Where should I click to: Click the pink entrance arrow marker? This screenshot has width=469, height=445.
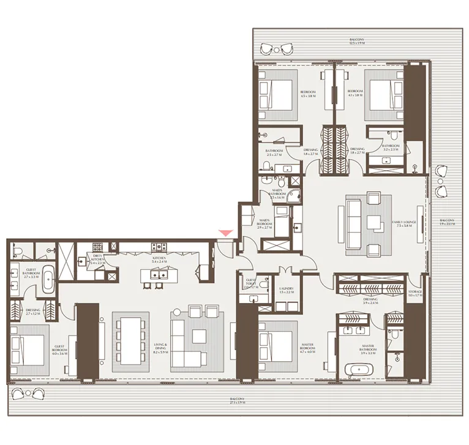coord(227,233)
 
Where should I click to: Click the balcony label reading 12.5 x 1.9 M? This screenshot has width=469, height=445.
coord(353,41)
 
